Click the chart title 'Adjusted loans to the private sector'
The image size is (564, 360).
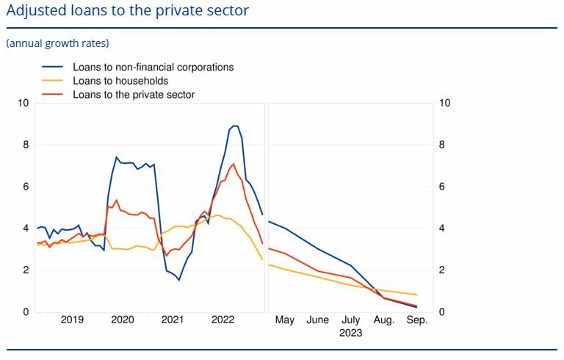pyautogui.click(x=127, y=11)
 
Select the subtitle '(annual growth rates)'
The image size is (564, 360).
pyautogui.click(x=57, y=43)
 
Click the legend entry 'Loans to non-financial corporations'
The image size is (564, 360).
pyautogui.click(x=153, y=67)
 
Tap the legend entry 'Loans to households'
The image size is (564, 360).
pyautogui.click(x=120, y=81)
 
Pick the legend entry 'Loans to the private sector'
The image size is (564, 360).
pyautogui.click(x=134, y=95)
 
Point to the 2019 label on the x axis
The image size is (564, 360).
pyautogui.click(x=72, y=320)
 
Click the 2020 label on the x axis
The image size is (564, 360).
pyautogui.click(x=122, y=320)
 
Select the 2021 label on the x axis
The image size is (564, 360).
pyautogui.click(x=173, y=320)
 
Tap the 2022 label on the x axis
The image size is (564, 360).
pyautogui.click(x=223, y=320)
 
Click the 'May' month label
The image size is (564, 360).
pyautogui.click(x=284, y=320)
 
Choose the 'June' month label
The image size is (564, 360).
pyautogui.click(x=317, y=320)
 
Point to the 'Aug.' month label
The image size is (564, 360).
pyautogui.click(x=384, y=320)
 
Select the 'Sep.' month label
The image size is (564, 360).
pyautogui.click(x=416, y=320)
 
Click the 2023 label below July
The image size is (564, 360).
pyautogui.click(x=350, y=333)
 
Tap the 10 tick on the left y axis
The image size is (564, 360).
pyautogui.click(x=23, y=103)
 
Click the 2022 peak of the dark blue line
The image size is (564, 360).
pyautogui.click(x=235, y=126)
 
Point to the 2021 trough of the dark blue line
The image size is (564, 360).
pyautogui.click(x=178, y=280)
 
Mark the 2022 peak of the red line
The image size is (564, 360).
pyautogui.click(x=233, y=164)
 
